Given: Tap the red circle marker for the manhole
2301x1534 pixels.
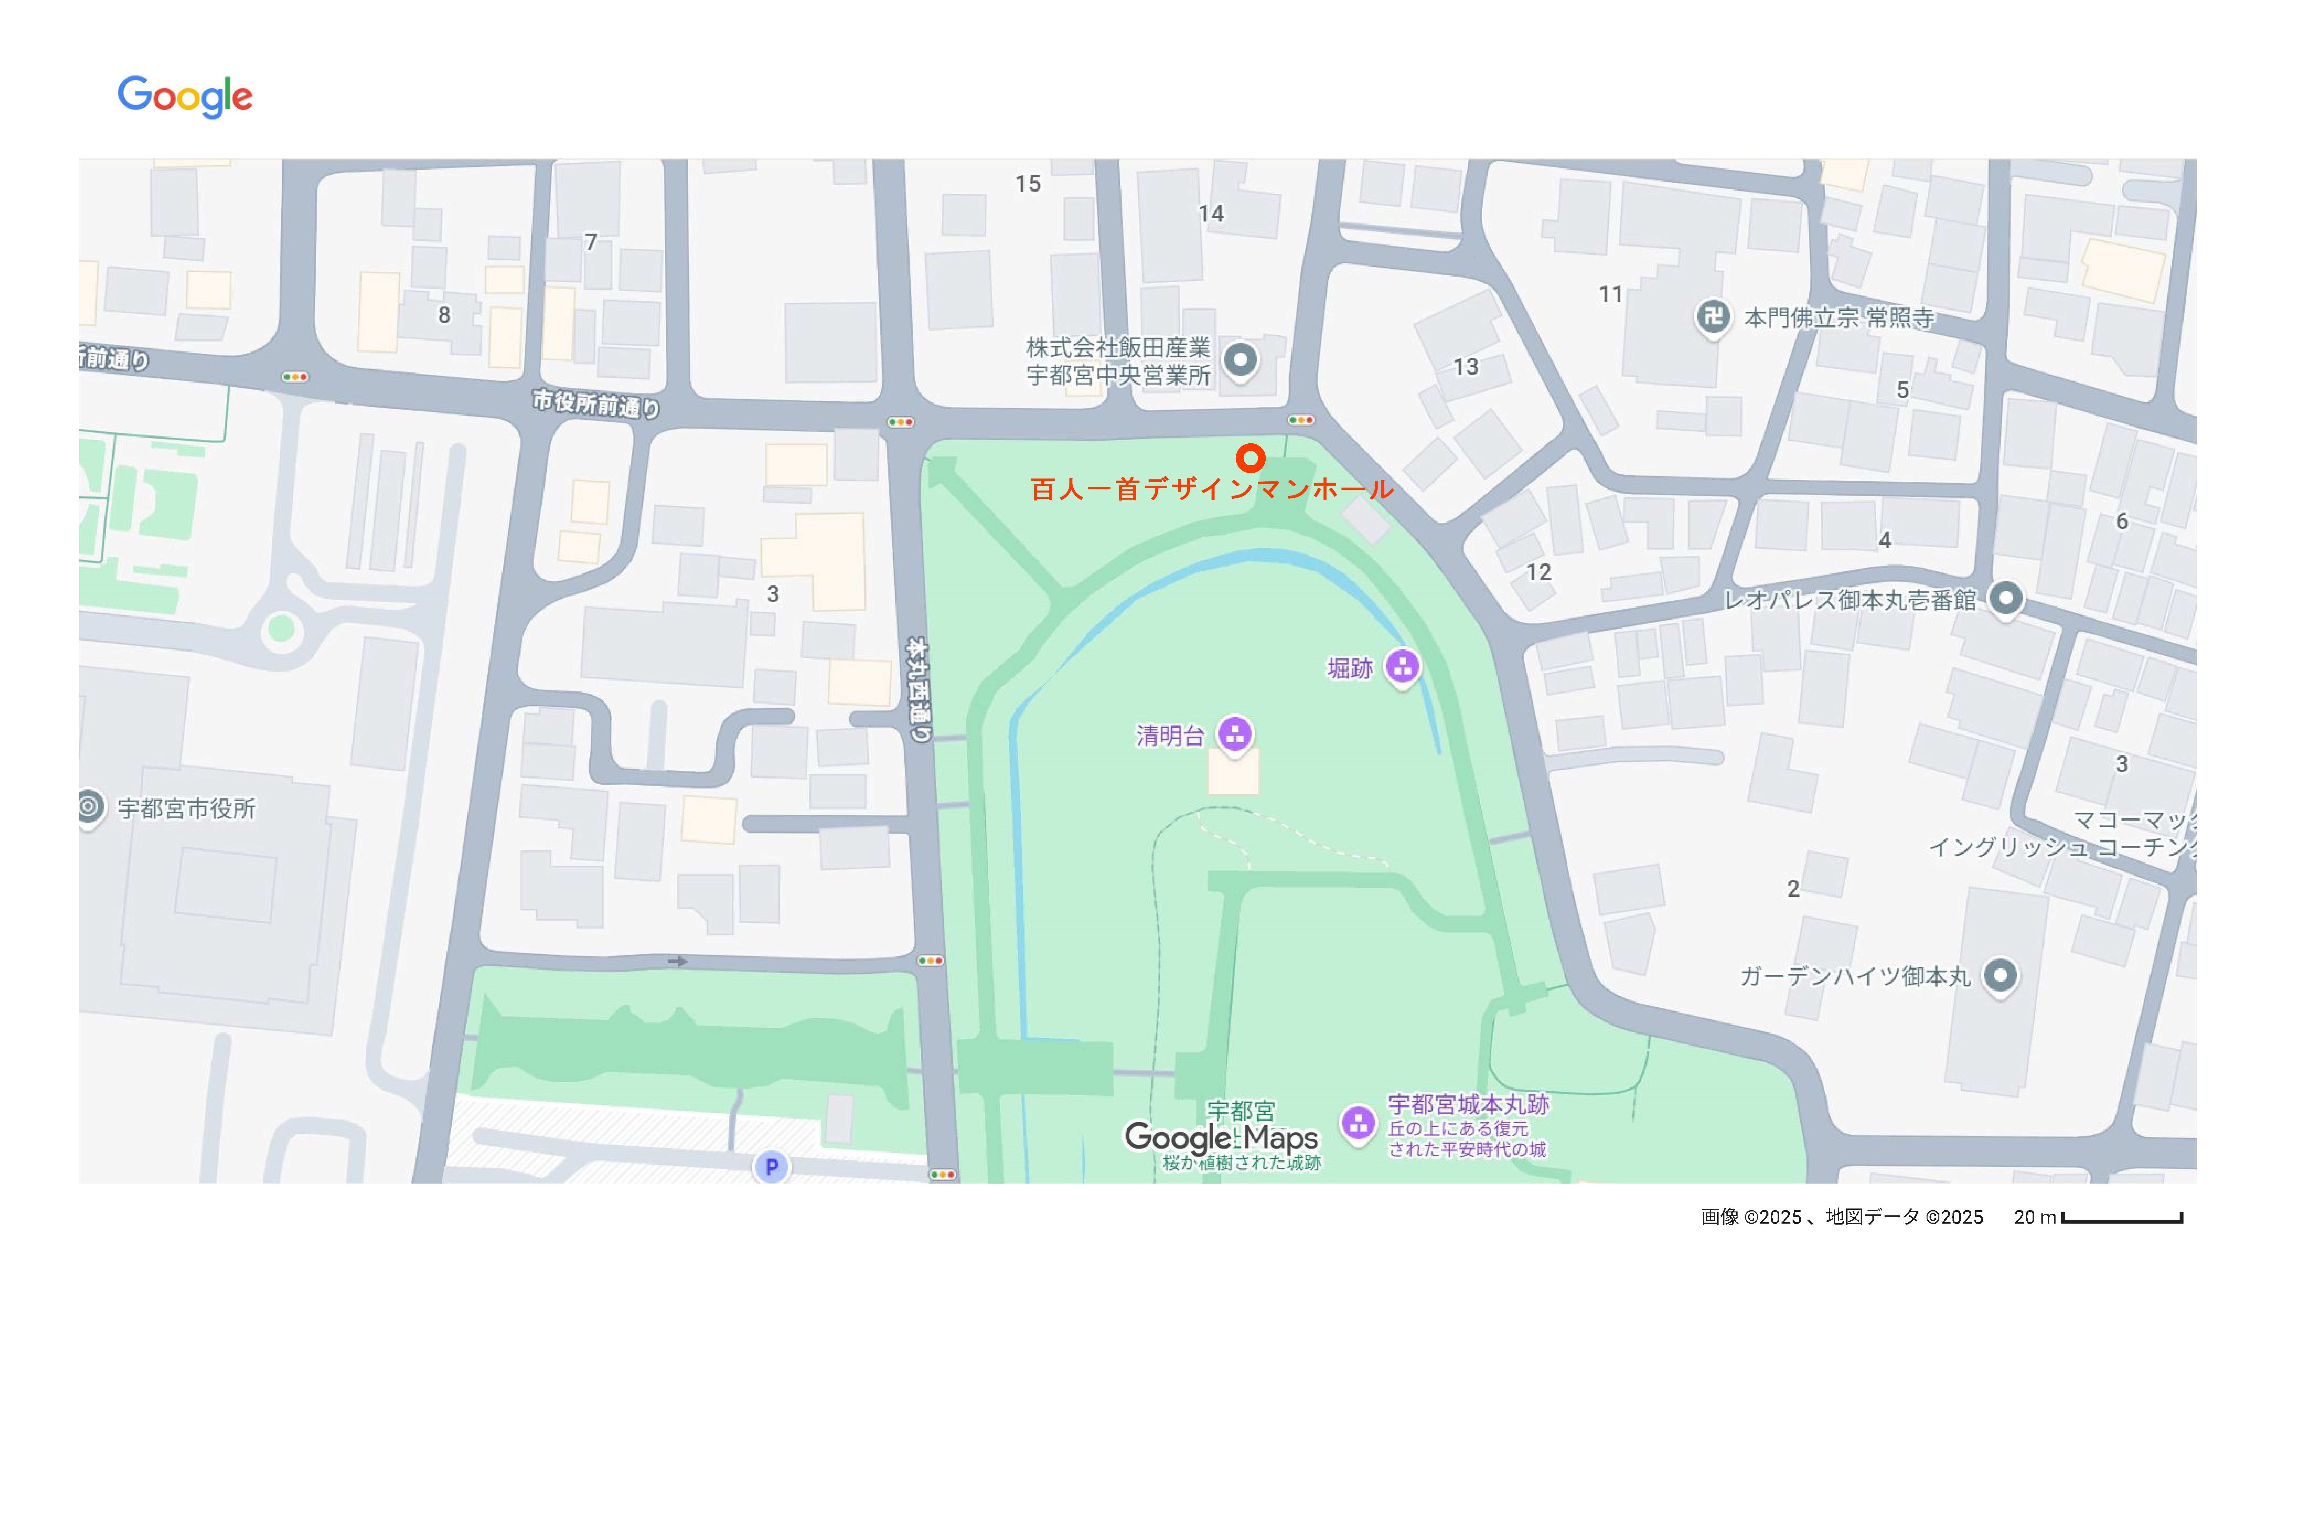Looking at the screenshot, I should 1250,458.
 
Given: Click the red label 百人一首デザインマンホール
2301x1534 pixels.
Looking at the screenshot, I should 1211,489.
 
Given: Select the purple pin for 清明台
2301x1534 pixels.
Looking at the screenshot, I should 1235,734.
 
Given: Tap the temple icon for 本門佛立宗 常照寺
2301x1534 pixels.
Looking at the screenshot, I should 1712,317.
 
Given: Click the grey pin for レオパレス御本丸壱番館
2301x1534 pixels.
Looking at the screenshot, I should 2006,598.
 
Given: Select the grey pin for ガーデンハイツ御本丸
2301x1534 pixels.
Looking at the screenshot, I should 2000,976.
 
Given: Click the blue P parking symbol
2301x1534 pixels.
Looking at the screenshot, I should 771,1166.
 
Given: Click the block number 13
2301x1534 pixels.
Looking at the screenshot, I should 1465,367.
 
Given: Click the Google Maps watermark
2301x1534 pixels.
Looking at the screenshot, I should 1221,1138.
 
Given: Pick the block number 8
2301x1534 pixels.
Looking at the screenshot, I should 444,315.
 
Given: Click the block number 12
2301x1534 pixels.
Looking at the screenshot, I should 1538,572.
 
